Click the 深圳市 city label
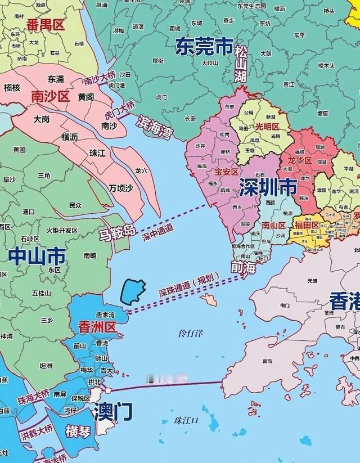(x=268, y=187)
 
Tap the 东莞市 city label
(x=203, y=47)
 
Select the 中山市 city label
(x=37, y=257)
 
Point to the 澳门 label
(x=114, y=411)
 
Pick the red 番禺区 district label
(x=46, y=24)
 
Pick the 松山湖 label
(x=241, y=65)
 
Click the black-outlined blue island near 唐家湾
(x=133, y=290)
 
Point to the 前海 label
(x=243, y=268)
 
